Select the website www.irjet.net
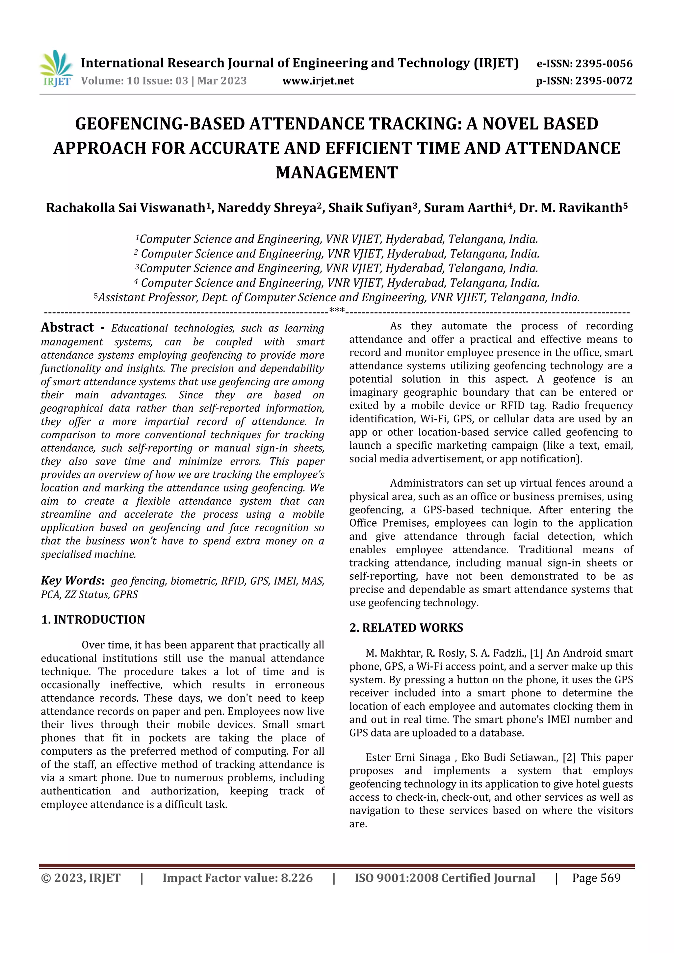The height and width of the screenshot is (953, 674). [x=318, y=81]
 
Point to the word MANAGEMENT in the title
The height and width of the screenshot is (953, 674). [x=337, y=173]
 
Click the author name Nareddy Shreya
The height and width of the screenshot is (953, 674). [x=267, y=208]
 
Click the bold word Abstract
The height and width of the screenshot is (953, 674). [x=67, y=328]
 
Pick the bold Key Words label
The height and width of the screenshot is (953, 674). [x=71, y=580]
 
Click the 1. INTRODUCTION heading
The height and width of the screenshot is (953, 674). [x=93, y=620]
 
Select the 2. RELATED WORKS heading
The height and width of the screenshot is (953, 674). [x=406, y=628]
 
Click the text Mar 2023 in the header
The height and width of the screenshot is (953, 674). [x=222, y=81]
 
